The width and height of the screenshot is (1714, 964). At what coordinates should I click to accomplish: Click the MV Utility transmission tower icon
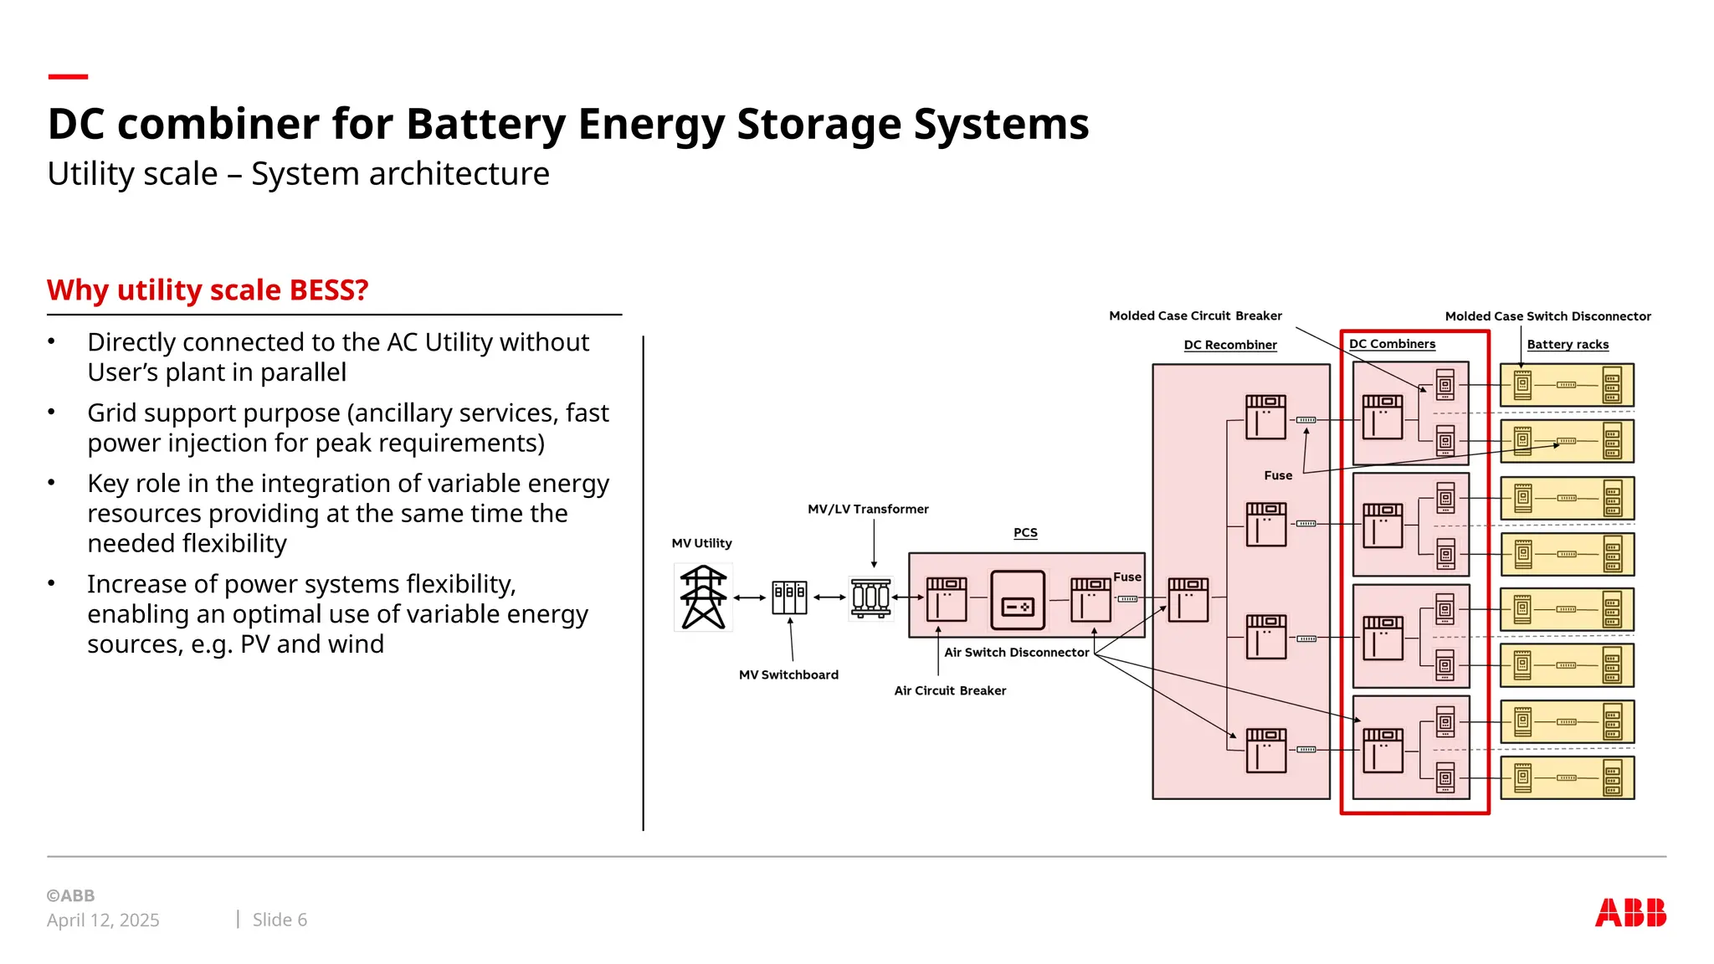[x=703, y=597]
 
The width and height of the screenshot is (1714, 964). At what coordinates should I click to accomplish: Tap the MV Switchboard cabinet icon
[x=789, y=597]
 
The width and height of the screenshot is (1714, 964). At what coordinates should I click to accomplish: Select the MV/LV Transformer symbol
[x=870, y=597]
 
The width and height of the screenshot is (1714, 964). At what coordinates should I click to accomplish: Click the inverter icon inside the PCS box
[x=1018, y=600]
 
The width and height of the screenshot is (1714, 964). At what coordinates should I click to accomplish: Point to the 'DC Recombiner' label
[x=1230, y=345]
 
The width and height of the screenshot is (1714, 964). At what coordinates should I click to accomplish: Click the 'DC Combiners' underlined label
[x=1392, y=344]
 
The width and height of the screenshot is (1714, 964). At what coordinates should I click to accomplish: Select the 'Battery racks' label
[x=1568, y=345]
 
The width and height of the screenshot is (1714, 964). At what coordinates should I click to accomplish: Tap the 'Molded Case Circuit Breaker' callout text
[x=1195, y=315]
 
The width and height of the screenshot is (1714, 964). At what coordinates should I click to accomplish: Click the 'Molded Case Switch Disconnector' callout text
[x=1547, y=316]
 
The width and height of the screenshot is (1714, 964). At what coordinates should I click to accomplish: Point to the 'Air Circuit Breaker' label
[x=950, y=690]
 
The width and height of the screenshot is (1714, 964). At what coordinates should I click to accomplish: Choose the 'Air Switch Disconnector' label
[x=1017, y=653]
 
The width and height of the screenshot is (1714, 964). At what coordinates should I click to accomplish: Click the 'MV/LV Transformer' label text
[x=868, y=509]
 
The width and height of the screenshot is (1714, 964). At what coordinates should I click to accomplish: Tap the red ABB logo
[x=1630, y=912]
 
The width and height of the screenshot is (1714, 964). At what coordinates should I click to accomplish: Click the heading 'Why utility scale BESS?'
[x=208, y=290]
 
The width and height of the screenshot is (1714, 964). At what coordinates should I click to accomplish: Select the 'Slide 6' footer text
[x=280, y=920]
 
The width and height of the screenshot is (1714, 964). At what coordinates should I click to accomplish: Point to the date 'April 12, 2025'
[x=103, y=920]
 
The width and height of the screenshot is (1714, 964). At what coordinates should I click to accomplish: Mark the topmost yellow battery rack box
[x=1567, y=385]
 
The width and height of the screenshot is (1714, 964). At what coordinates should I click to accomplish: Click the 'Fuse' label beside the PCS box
[x=1127, y=577]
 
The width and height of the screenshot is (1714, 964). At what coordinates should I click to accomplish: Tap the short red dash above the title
[x=68, y=77]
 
